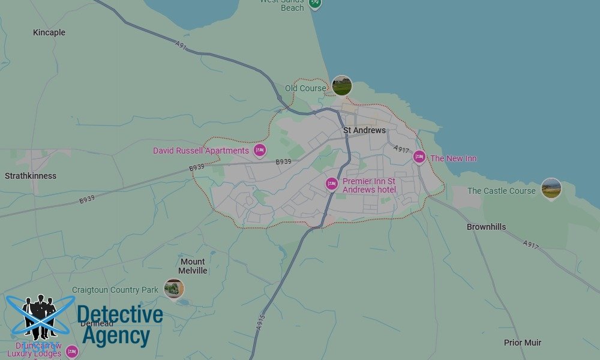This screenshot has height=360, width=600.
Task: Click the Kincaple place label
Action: pyautogui.click(x=49, y=32)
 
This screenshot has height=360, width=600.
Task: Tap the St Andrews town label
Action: pyautogui.click(x=364, y=130)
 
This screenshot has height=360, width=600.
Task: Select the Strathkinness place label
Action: pyautogui.click(x=31, y=176)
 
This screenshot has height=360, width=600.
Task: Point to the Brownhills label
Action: pyautogui.click(x=486, y=227)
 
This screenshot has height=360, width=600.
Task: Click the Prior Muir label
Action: pyautogui.click(x=522, y=343)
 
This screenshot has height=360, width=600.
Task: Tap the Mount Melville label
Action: pyautogui.click(x=193, y=266)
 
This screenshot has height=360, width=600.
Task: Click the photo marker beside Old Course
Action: pyautogui.click(x=341, y=86)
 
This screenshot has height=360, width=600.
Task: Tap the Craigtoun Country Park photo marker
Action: pyautogui.click(x=174, y=289)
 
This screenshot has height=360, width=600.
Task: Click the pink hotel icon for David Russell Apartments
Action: pyautogui.click(x=260, y=150)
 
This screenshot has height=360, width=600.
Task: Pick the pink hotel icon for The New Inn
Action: pyautogui.click(x=419, y=158)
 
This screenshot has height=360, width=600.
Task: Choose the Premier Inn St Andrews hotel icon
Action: pyautogui.click(x=331, y=184)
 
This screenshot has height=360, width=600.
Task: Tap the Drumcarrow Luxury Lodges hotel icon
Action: pyautogui.click(x=72, y=352)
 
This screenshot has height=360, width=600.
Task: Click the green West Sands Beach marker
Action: pyautogui.click(x=315, y=4)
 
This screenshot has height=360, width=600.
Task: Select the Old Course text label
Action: pyautogui.click(x=305, y=88)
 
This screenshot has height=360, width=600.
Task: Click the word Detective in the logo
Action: pyautogui.click(x=119, y=315)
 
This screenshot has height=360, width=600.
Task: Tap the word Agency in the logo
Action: pyautogui.click(x=115, y=337)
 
